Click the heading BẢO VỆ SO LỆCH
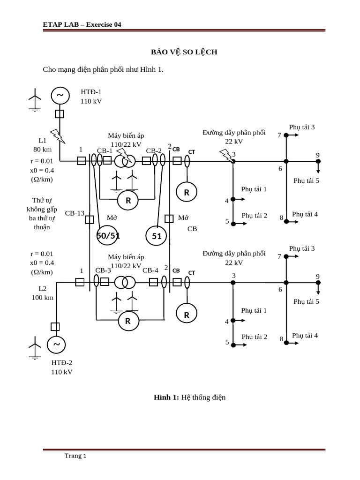(183, 52)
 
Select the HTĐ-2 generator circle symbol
(57, 345)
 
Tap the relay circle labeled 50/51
(108, 236)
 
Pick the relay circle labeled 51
(157, 236)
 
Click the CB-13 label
(75, 213)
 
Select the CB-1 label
(105, 150)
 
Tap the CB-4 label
(150, 270)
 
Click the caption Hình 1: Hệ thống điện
(190, 397)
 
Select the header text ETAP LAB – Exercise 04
(82, 25)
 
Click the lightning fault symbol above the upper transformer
(123, 155)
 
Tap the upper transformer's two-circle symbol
(126, 161)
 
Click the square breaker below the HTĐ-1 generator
(60, 114)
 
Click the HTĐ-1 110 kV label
(91, 97)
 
